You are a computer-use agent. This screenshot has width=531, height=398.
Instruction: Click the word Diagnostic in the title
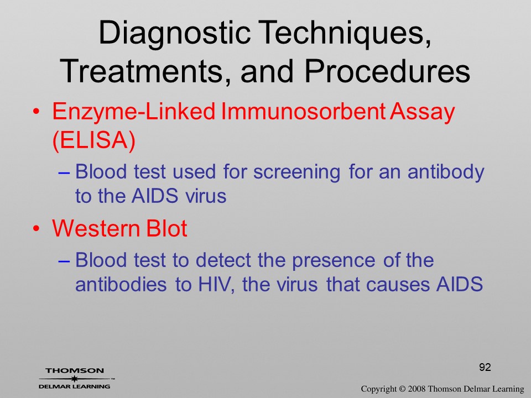[x=174, y=33]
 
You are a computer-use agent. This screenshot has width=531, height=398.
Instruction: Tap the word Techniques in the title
[x=345, y=33]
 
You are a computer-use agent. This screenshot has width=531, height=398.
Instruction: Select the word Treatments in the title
[x=143, y=71]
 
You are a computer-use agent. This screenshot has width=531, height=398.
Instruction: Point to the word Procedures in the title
[x=387, y=71]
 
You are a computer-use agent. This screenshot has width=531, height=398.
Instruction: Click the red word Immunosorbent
[x=303, y=111]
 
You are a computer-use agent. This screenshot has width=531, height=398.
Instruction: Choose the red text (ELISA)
[x=94, y=140]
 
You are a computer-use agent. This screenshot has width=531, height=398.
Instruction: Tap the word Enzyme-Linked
[x=134, y=112]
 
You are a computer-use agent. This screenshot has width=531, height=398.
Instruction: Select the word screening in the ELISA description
[x=296, y=172]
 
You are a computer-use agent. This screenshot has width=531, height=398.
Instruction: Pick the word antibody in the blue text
[x=446, y=172]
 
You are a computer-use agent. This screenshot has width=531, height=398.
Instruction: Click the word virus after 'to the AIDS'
[x=206, y=196]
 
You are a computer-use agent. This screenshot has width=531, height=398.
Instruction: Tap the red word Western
[x=96, y=228]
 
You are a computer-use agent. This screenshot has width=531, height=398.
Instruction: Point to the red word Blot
[x=166, y=228]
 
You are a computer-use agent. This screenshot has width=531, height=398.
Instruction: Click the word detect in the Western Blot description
[x=223, y=260]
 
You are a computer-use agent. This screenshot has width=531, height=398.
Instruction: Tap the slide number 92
[x=485, y=367]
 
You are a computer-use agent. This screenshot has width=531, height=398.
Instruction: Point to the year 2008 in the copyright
[x=417, y=389]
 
